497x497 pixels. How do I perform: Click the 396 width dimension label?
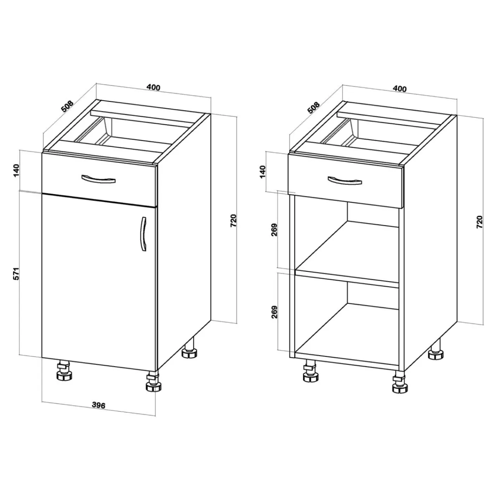[99, 405]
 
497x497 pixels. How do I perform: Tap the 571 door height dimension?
[16, 274]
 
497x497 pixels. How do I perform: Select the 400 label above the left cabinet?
[153, 87]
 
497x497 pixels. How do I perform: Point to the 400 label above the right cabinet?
[400, 89]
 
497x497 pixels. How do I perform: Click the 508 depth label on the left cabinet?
[67, 106]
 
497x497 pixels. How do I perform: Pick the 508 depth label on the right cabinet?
[313, 108]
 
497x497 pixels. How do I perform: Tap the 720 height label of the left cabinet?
[233, 221]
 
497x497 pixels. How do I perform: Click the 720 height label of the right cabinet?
[479, 222]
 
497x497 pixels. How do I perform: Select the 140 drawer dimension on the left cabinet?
[16, 170]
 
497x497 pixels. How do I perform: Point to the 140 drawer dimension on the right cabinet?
[262, 172]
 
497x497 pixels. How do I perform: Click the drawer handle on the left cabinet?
[98, 179]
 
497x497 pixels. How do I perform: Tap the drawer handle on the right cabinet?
[344, 181]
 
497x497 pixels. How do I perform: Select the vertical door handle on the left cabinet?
[144, 234]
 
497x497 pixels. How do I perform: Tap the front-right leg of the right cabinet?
[400, 383]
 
